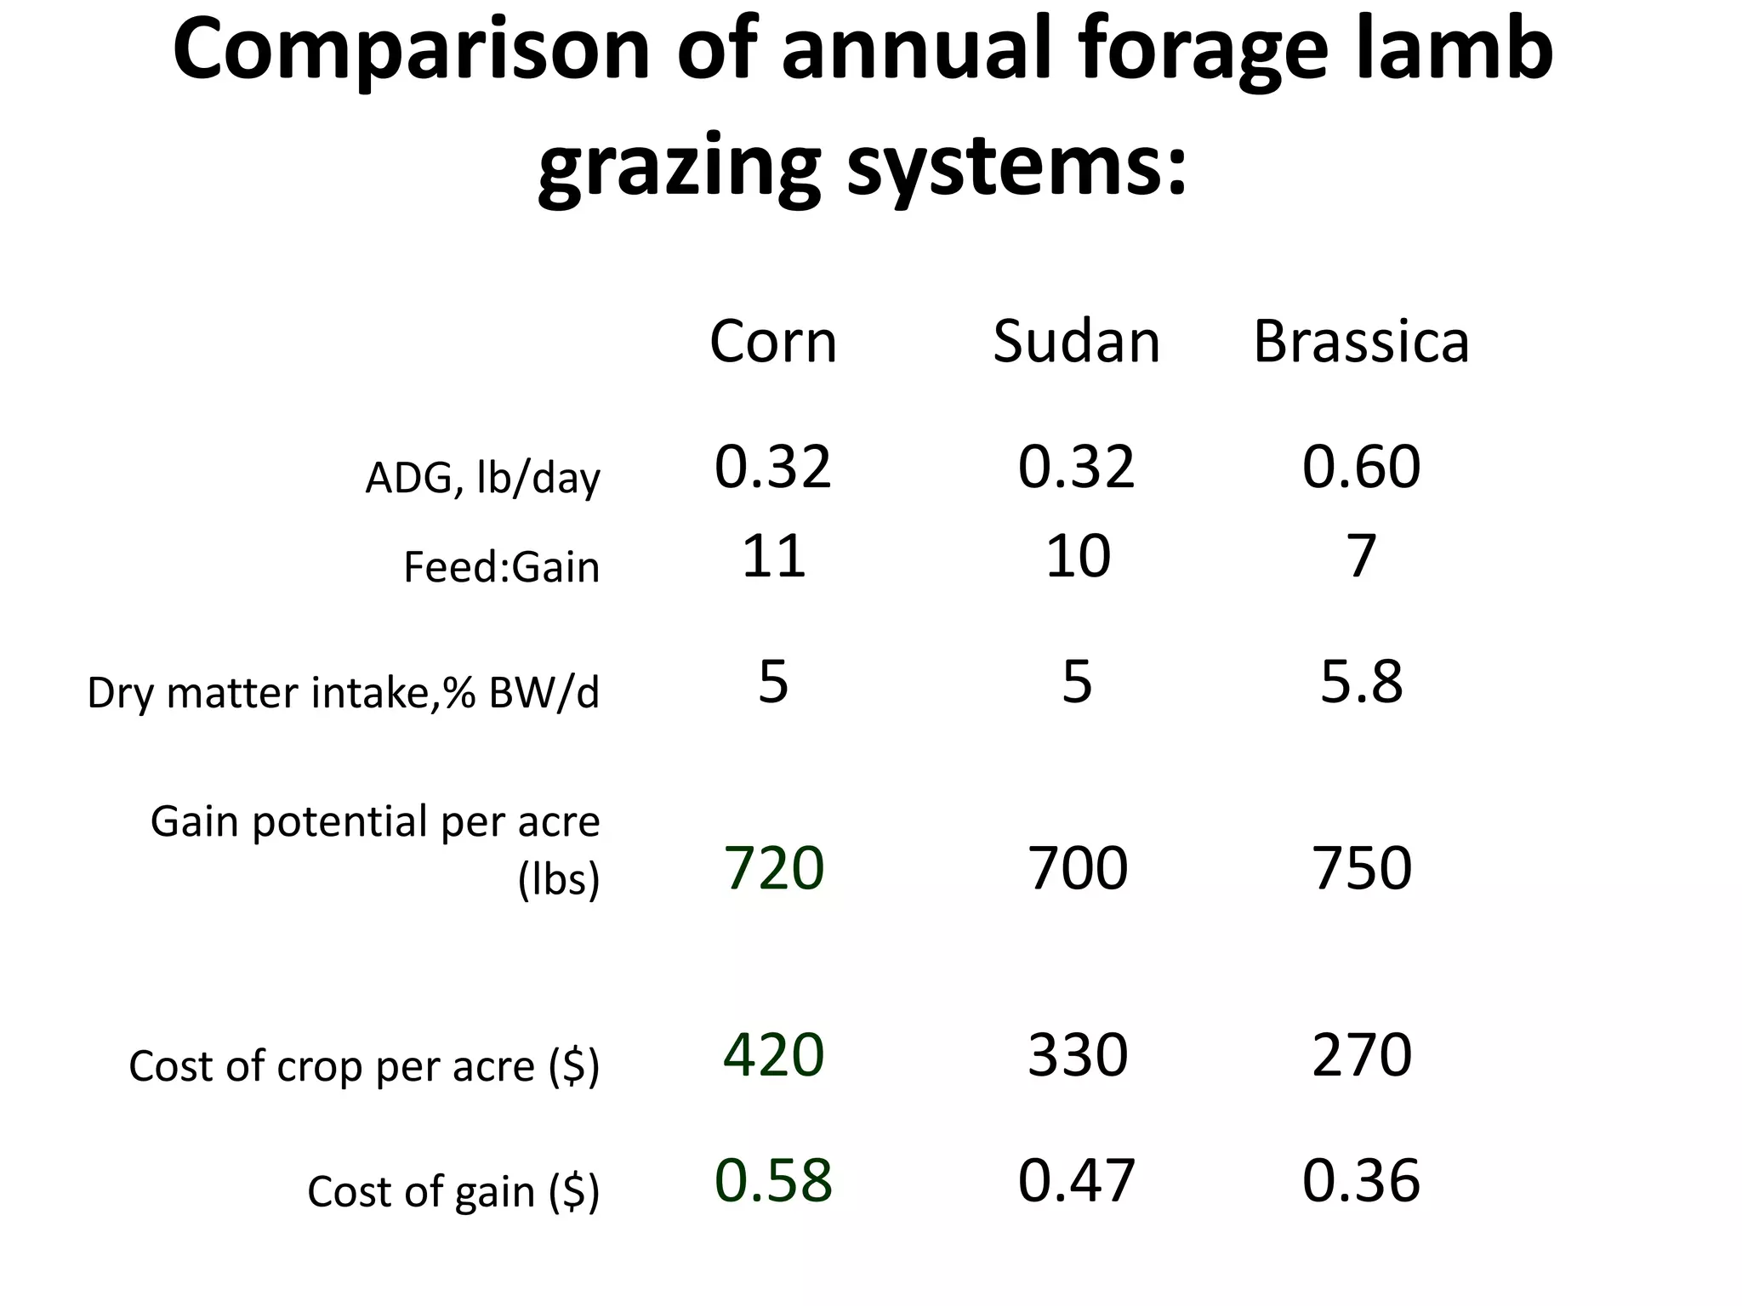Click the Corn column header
pyautogui.click(x=773, y=342)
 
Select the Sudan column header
pyautogui.click(x=1076, y=342)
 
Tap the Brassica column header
pyautogui.click(x=1361, y=342)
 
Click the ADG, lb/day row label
pyautogui.click(x=482, y=478)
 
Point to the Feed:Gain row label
pyautogui.click(x=501, y=567)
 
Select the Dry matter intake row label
pyautogui.click(x=343, y=692)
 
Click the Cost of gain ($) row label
pyautogui.click(x=453, y=1190)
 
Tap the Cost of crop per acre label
pyautogui.click(x=364, y=1065)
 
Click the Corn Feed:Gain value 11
pyautogui.click(x=773, y=556)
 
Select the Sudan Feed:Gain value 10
pyautogui.click(x=1077, y=556)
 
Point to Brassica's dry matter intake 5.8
pyautogui.click(x=1361, y=681)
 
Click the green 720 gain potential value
pyautogui.click(x=773, y=868)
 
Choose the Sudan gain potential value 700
pyautogui.click(x=1077, y=868)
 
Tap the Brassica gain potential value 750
pyautogui.click(x=1361, y=868)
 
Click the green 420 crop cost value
pyautogui.click(x=773, y=1055)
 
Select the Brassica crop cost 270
pyautogui.click(x=1361, y=1055)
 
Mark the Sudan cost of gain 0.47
pyautogui.click(x=1077, y=1180)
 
